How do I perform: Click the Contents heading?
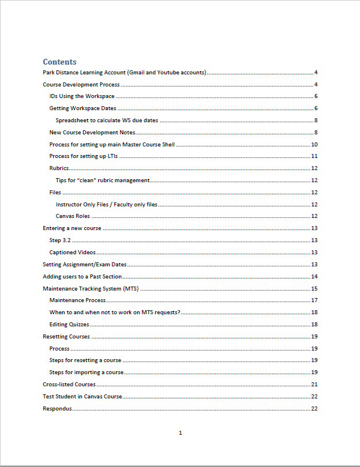click(59, 62)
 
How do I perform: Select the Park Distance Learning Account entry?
click(125, 73)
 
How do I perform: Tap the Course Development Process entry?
click(81, 85)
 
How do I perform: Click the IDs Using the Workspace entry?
click(82, 96)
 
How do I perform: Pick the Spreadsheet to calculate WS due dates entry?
click(107, 120)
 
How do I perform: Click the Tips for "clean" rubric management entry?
click(103, 180)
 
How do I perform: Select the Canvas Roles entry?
click(73, 216)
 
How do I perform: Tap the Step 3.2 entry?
click(60, 240)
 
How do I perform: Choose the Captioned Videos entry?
click(73, 253)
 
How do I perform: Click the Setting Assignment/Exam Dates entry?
click(85, 265)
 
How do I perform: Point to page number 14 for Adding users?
click(314, 277)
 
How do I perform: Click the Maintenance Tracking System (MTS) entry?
click(91, 288)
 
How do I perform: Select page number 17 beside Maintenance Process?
click(314, 300)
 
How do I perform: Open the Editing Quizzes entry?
click(69, 325)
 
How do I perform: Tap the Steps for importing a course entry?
click(87, 372)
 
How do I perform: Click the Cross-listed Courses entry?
click(69, 385)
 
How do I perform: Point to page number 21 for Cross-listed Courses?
click(314, 385)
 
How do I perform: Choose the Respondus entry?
click(58, 409)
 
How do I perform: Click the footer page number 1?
click(181, 432)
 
